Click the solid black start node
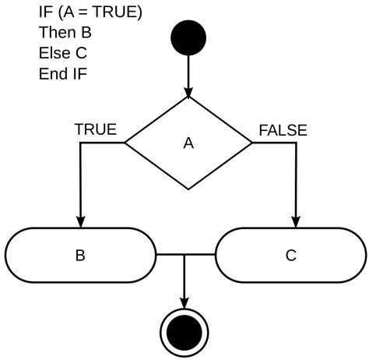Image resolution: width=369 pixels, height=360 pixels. click(188, 38)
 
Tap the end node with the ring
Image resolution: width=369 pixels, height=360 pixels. click(184, 334)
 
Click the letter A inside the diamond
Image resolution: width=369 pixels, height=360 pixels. click(188, 143)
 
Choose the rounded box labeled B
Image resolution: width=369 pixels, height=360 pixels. click(80, 255)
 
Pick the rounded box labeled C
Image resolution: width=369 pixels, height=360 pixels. click(290, 255)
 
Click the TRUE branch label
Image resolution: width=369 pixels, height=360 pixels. click(95, 129)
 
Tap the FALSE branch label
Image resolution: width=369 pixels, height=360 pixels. click(283, 129)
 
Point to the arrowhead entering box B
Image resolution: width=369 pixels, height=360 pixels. click(80, 221)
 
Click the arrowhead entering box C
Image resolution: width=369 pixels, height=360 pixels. click(295, 221)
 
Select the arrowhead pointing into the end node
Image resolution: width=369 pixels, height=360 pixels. click(184, 302)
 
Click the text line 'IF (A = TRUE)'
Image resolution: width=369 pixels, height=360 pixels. click(90, 13)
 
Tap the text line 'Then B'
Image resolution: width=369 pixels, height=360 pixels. click(65, 34)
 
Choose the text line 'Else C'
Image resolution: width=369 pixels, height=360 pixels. click(62, 54)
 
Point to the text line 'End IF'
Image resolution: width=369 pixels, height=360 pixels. click(63, 74)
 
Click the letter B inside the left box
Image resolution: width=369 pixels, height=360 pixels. click(80, 255)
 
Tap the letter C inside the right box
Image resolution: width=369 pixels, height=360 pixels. click(290, 255)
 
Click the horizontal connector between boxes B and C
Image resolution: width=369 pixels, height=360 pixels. click(185, 255)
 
